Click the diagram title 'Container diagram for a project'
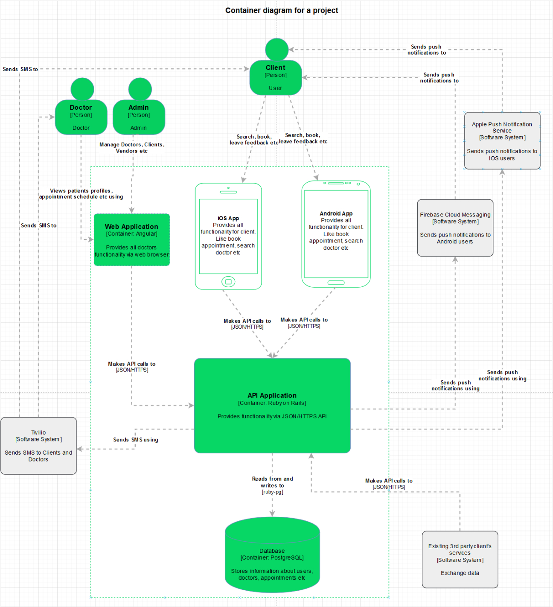282,10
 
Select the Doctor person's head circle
82,89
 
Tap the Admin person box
139,117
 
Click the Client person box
276,78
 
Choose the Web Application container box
132,239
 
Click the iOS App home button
228,281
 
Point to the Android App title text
336,213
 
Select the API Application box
272,406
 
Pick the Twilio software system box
38,446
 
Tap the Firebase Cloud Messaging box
455,228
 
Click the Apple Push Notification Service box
502,141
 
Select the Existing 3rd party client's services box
460,559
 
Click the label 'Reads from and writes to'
272,482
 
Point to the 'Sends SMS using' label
136,440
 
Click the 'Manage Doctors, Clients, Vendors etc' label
132,148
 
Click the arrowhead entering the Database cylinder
272,514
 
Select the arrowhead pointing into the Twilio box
80,449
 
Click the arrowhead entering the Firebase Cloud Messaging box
455,259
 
